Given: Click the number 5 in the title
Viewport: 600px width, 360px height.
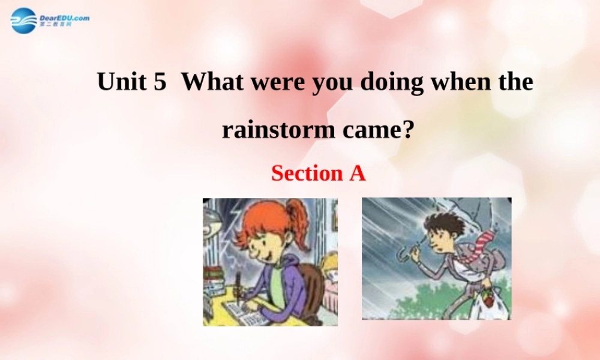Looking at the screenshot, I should (x=160, y=82).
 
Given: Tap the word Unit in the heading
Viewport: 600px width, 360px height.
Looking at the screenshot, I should (x=122, y=82).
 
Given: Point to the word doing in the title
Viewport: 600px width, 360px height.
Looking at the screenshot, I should (x=391, y=82).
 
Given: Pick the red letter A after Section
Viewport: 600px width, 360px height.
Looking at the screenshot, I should (x=357, y=173).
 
